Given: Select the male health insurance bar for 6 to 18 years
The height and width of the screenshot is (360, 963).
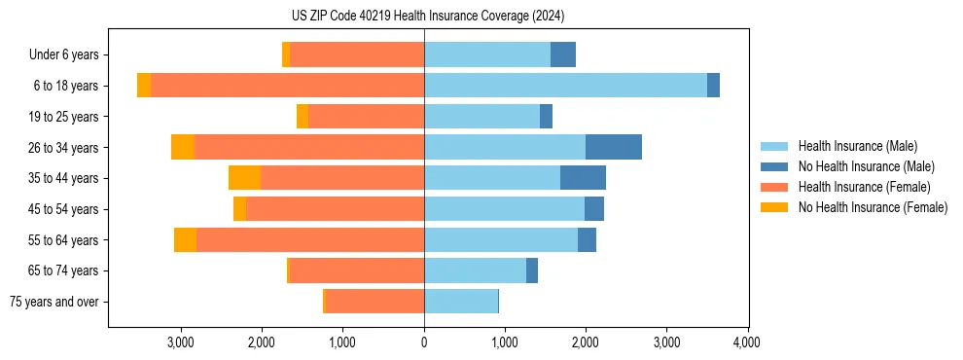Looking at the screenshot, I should tap(565, 86).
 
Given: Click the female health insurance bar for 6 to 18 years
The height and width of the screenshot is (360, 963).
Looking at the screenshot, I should tap(287, 86).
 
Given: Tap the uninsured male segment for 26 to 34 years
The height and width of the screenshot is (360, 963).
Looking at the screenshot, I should tap(613, 147).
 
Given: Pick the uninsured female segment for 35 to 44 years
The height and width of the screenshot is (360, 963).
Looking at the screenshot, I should tap(244, 178).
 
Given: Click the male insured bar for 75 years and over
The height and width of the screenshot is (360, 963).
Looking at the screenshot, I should tap(461, 302).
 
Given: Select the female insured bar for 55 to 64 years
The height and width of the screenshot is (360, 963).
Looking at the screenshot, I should tap(309, 239).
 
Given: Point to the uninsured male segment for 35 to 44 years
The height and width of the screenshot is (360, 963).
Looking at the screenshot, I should tap(583, 178).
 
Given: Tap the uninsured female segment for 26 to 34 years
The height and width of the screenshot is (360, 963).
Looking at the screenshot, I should tap(182, 147).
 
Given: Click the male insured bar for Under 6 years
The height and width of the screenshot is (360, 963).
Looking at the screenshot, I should tap(486, 54).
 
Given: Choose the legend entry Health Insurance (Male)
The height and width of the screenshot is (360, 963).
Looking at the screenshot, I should tap(857, 146).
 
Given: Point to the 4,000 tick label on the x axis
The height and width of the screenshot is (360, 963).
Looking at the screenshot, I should tap(747, 342).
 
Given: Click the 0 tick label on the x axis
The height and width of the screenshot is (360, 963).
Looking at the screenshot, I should tap(424, 342).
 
